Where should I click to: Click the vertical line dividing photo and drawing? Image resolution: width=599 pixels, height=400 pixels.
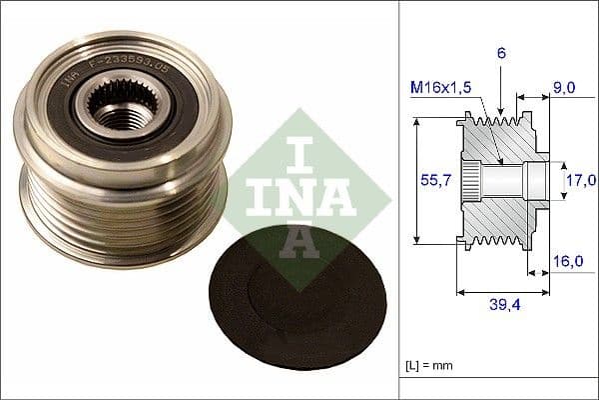400,200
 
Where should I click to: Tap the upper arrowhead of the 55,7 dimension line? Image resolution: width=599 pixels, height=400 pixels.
415,121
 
